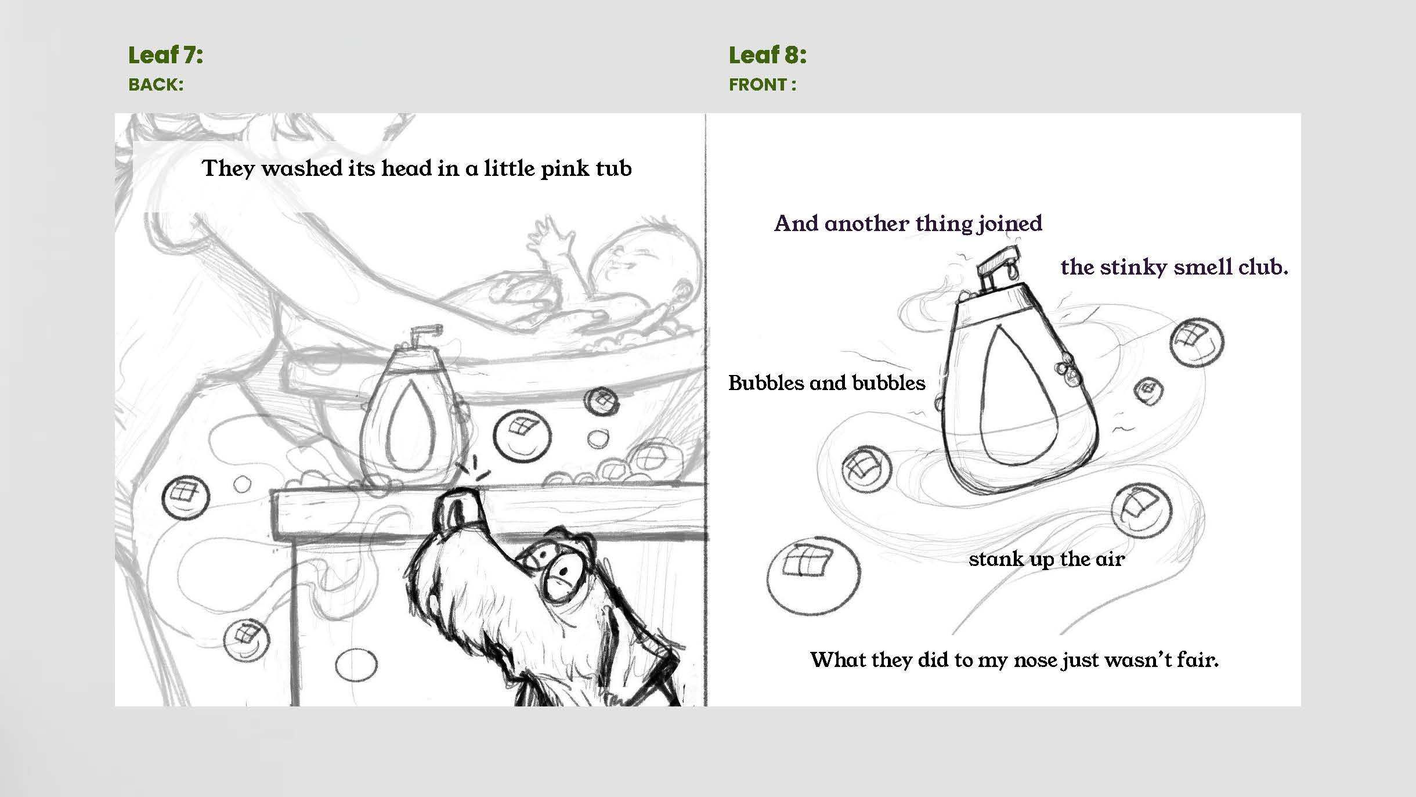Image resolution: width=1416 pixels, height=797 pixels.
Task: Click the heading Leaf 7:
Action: (165, 55)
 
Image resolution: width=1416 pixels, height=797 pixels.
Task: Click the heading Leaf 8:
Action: (767, 55)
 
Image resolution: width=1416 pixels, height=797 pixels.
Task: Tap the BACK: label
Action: (156, 85)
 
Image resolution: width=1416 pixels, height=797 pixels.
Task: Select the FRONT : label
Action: (762, 85)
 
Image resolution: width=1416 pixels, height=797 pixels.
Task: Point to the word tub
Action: (613, 168)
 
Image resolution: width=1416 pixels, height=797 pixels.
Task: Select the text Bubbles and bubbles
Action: (826, 383)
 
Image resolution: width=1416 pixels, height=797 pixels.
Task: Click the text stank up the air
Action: (1046, 559)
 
